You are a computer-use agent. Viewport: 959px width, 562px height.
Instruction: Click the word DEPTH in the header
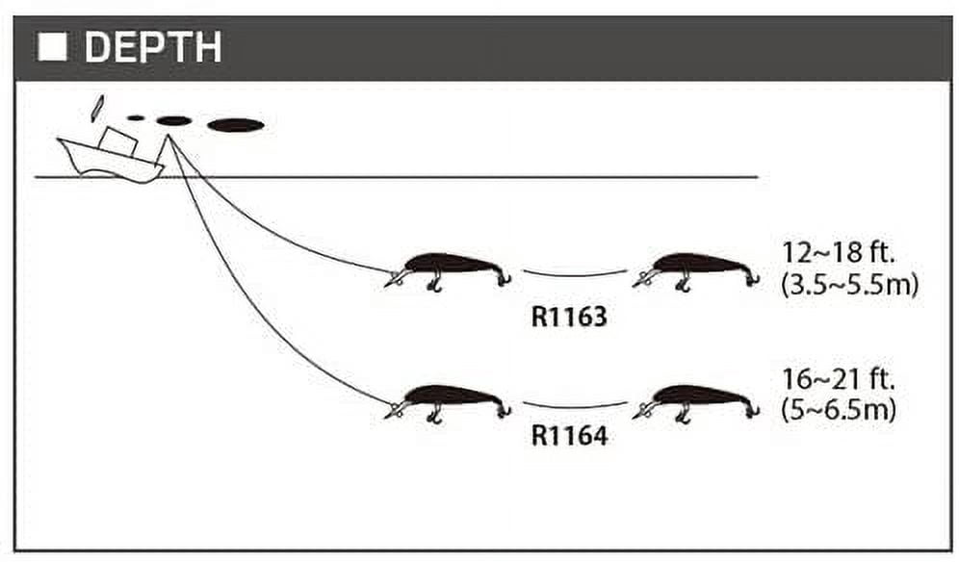pos(152,48)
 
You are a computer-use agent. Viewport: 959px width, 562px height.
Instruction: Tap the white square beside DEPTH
pos(52,47)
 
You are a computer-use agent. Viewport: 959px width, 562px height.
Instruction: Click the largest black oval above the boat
pos(236,125)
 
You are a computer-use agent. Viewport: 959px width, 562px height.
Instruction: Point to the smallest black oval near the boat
pos(135,117)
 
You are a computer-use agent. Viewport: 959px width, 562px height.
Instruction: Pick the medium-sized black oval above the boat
pos(173,120)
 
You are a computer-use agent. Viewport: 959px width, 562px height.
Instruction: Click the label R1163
pos(569,317)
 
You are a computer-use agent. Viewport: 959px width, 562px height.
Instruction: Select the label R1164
pos(569,435)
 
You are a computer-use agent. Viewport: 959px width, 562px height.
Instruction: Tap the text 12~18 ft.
pos(839,252)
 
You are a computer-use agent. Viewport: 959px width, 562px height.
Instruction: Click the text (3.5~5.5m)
pos(849,284)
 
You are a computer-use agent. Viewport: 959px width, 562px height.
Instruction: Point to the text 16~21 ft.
pos(839,379)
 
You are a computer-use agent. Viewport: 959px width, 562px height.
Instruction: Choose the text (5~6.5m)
pos(838,409)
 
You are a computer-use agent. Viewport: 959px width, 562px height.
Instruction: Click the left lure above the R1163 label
pos(449,271)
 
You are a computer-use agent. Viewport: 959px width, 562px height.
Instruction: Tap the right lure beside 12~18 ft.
pos(696,271)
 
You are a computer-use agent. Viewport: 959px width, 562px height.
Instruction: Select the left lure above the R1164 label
pos(449,403)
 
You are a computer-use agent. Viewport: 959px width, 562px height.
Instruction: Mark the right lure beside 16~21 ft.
pos(696,403)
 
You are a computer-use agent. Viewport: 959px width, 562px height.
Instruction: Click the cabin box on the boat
pos(117,141)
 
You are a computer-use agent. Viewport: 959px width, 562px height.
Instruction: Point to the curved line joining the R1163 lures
pos(575,274)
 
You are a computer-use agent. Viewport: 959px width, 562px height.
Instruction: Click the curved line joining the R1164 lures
pos(575,406)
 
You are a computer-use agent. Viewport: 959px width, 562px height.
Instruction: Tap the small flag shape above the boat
pos(97,108)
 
